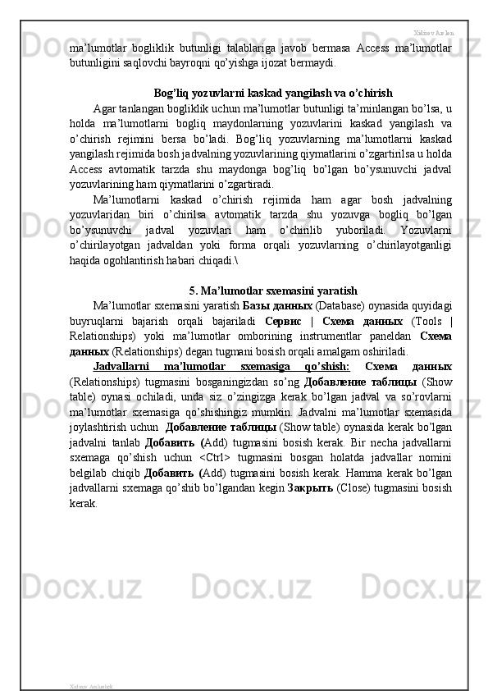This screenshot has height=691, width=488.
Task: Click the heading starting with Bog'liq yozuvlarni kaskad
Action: [272, 92]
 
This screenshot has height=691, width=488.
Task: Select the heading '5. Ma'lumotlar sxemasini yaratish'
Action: [272, 291]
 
